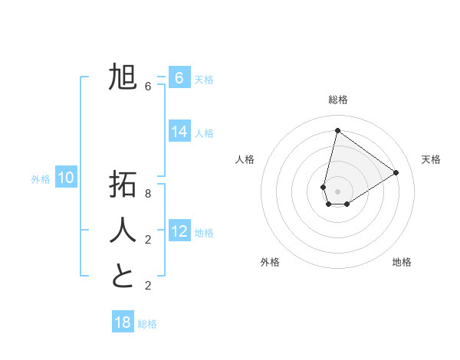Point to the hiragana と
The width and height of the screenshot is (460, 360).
point(123,276)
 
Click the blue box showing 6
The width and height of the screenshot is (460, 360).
point(179,78)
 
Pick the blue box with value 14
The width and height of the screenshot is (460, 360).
point(179,132)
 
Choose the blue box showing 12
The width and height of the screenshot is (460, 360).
point(179,231)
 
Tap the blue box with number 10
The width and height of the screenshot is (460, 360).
point(66,178)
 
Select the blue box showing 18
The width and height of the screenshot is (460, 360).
point(123,322)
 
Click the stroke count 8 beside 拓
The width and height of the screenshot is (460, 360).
point(148,194)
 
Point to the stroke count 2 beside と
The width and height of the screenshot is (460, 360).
point(148,286)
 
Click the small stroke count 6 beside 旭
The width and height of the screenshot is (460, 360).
point(148,87)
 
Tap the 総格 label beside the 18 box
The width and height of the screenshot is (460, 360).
point(147,324)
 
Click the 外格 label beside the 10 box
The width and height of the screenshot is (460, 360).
point(41,179)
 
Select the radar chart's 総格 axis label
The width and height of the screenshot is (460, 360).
point(337,100)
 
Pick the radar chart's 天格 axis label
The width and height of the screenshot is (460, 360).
point(431,159)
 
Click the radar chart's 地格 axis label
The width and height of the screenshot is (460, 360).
point(402,262)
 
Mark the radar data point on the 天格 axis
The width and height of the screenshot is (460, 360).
point(396,172)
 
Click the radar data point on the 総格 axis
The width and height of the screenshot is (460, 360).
point(337,130)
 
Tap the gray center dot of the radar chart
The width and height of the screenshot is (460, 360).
point(337,191)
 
